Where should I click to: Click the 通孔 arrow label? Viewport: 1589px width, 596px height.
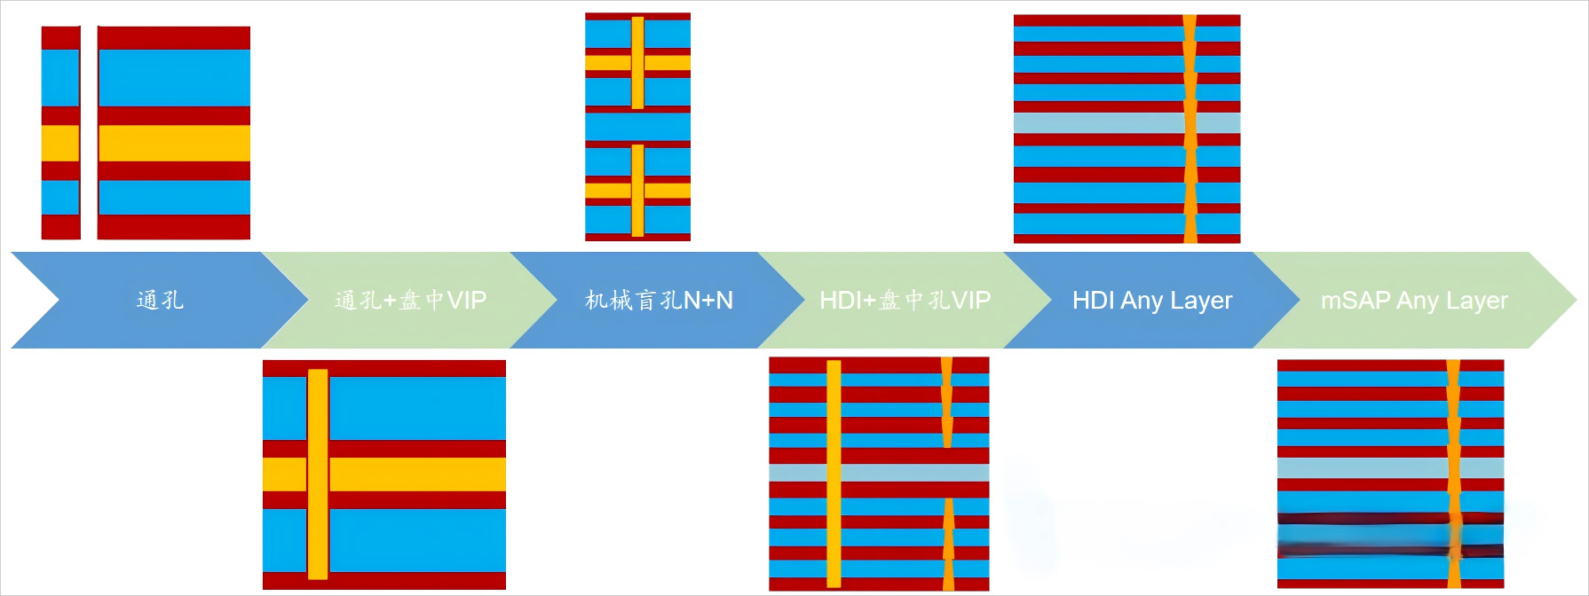(x=160, y=300)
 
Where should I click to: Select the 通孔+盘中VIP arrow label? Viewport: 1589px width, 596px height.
(x=410, y=300)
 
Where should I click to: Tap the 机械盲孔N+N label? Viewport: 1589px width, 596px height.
(x=659, y=300)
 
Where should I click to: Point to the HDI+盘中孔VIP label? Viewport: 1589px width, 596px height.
(x=905, y=300)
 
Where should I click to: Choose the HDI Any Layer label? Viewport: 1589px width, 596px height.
(x=1152, y=300)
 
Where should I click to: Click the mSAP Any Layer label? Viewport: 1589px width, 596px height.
(x=1414, y=300)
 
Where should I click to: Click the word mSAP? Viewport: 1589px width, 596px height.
(x=1356, y=300)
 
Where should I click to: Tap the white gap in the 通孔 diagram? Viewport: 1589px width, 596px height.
(x=89, y=133)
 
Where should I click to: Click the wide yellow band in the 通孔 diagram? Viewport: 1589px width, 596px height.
(x=174, y=143)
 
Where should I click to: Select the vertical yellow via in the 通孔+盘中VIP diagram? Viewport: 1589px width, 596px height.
(x=318, y=474)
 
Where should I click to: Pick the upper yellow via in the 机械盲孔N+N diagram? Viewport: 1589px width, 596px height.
(x=637, y=62)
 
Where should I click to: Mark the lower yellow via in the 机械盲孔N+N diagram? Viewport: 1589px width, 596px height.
(x=637, y=190)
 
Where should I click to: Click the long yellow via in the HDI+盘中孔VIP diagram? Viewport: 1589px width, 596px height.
(x=834, y=474)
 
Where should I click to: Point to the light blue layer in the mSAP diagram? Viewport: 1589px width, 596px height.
(x=1362, y=467)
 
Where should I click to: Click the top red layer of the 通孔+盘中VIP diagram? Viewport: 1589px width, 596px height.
(x=384, y=368)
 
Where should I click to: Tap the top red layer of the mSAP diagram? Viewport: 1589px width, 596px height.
(x=1362, y=365)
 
